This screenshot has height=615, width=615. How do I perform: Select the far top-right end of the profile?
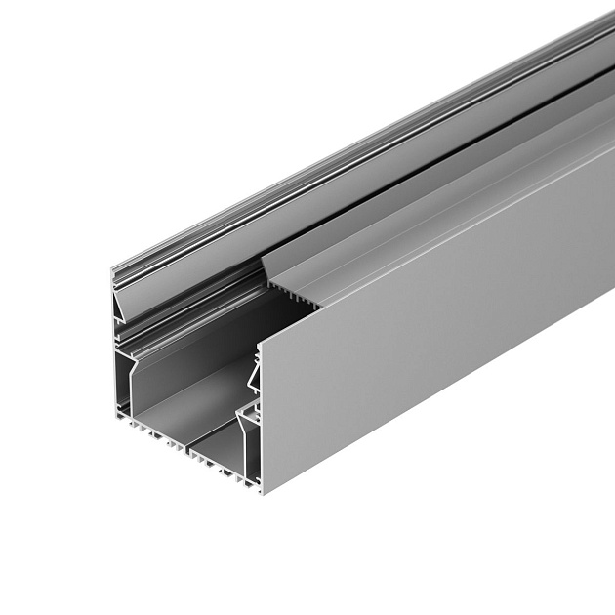(610, 20)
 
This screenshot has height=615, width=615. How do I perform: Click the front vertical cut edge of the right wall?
(261, 420)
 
